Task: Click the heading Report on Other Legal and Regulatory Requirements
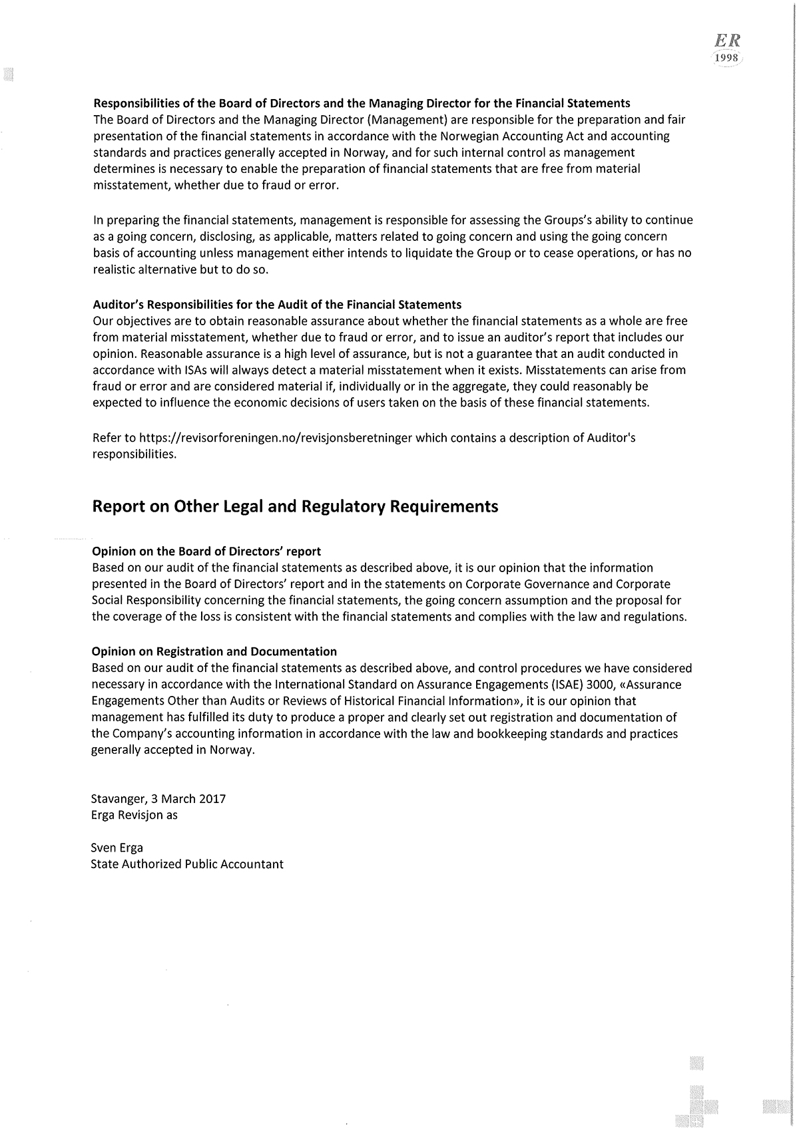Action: pyautogui.click(x=294, y=507)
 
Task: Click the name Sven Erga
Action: pyautogui.click(x=117, y=848)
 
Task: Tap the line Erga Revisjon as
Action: pyautogui.click(x=134, y=814)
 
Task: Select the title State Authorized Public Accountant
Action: pyautogui.click(x=187, y=864)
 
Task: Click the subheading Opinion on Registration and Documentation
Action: pyautogui.click(x=214, y=651)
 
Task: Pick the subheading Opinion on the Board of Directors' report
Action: pyautogui.click(x=206, y=552)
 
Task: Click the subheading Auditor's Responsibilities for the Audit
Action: pyautogui.click(x=277, y=305)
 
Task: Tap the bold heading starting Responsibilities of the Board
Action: pyautogui.click(x=362, y=103)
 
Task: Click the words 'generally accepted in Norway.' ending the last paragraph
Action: pyautogui.click(x=173, y=750)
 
